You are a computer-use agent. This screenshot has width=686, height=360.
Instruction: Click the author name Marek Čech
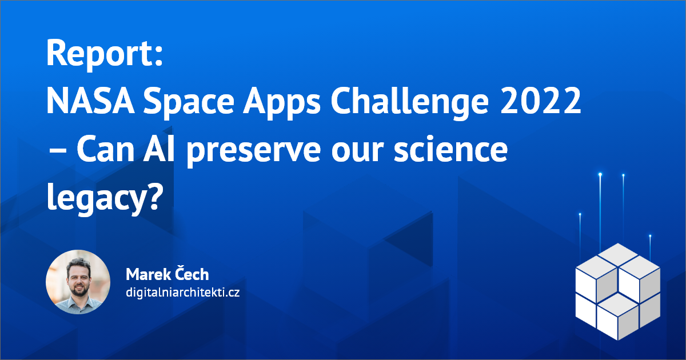(167, 274)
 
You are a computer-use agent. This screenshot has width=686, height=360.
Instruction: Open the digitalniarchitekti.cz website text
(182, 293)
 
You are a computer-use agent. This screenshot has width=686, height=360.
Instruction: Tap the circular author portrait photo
(78, 282)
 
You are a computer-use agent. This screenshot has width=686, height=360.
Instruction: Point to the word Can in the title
(106, 151)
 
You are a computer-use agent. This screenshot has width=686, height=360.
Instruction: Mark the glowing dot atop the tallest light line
(600, 174)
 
